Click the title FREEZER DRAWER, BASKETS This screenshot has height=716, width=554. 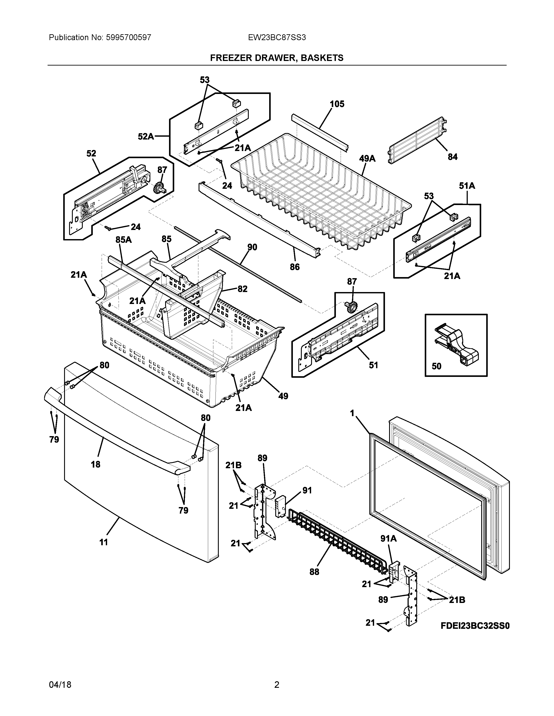tap(277, 58)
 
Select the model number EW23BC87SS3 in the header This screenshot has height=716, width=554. tap(277, 38)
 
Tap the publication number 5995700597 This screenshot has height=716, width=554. tap(128, 38)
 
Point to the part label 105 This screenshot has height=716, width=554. tap(337, 104)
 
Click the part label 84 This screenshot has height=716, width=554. tap(453, 157)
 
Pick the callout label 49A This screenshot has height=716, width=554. tap(367, 159)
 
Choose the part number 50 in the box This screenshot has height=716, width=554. tap(436, 366)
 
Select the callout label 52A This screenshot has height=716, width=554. tap(146, 136)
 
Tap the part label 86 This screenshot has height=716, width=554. tap(295, 267)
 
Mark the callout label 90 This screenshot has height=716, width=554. tap(252, 247)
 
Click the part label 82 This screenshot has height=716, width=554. tap(242, 289)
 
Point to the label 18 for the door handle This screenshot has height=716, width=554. tap(96, 464)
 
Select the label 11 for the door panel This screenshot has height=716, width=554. tap(104, 543)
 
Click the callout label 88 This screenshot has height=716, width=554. tap(314, 572)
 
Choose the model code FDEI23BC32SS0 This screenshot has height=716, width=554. tap(475, 626)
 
